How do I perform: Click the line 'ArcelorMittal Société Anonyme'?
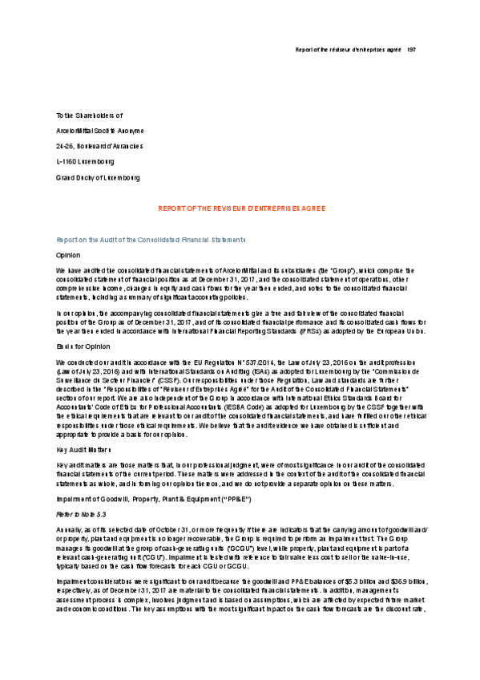(x=100, y=131)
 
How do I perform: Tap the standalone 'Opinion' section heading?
(x=68, y=254)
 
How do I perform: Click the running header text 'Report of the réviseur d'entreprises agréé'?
(x=345, y=50)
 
